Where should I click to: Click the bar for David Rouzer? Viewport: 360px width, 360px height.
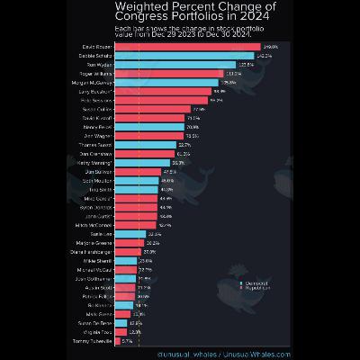click(189, 47)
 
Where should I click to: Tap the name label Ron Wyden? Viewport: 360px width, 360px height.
click(100, 65)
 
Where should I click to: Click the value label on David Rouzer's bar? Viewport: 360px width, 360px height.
click(270, 47)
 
